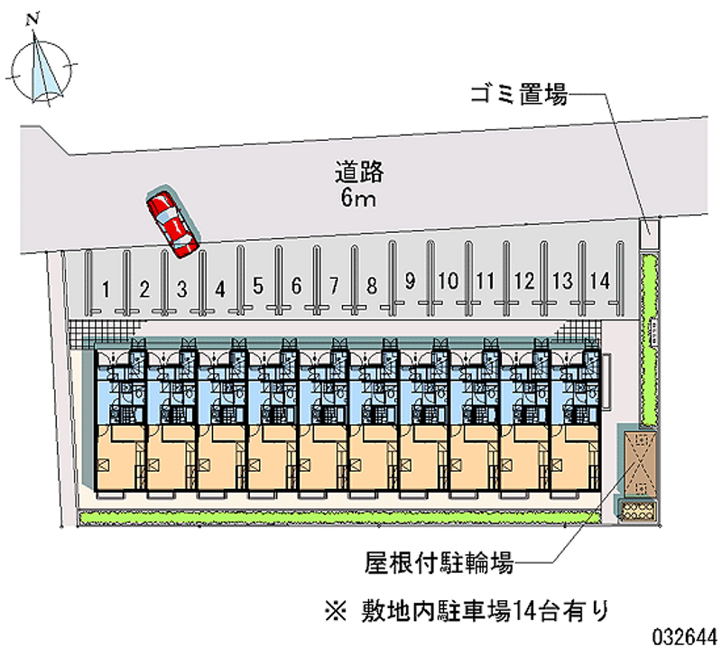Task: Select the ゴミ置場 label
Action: [x=517, y=94]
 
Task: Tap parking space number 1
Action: [x=106, y=289]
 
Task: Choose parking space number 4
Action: [x=219, y=289]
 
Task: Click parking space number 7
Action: [x=333, y=287]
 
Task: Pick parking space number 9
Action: [x=409, y=281]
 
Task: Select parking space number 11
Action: [x=486, y=281]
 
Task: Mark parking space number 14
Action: [x=599, y=281]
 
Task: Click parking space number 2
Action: [x=144, y=289]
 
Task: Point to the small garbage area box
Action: [x=649, y=232]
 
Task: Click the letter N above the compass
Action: [x=33, y=17]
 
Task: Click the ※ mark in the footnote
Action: [x=335, y=610]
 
